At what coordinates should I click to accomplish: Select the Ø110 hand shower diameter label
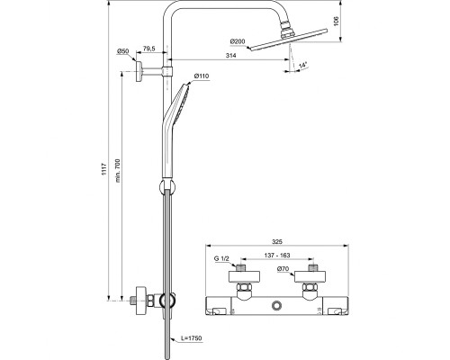pos(202,76)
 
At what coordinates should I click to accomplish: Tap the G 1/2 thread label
pos(222,259)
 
